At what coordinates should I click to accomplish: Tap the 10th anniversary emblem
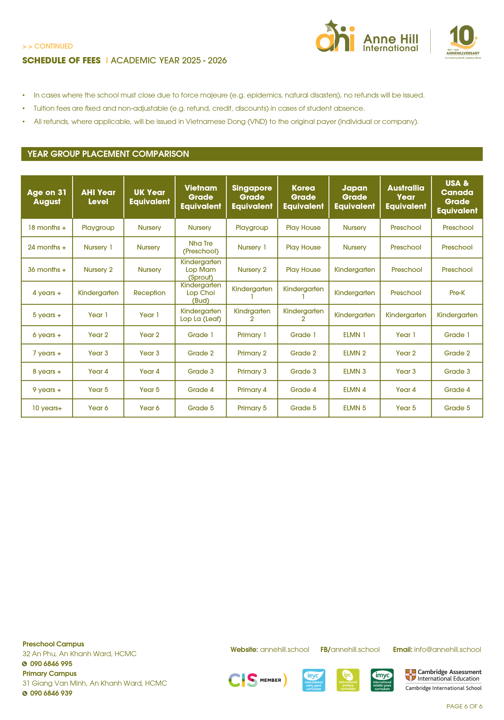[x=463, y=42]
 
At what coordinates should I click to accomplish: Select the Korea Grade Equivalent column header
[x=303, y=197]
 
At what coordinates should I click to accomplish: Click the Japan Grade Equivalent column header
[x=354, y=197]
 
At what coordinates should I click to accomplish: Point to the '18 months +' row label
[x=47, y=228]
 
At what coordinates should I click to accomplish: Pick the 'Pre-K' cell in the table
[x=457, y=293]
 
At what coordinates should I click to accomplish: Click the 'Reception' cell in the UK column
[x=149, y=293]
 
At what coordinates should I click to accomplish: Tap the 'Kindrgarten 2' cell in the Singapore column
[x=252, y=315]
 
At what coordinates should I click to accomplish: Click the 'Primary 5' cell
[x=252, y=408]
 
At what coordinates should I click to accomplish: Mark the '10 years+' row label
[x=47, y=408]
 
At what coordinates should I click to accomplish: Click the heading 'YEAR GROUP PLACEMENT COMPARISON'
[x=108, y=154]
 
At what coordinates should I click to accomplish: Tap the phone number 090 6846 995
[x=51, y=664]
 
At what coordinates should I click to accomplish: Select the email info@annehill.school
[x=447, y=649]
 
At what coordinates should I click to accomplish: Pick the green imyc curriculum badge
[x=382, y=680]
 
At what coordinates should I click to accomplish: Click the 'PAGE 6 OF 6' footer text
[x=464, y=706]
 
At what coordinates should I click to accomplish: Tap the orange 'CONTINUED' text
[x=53, y=46]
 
